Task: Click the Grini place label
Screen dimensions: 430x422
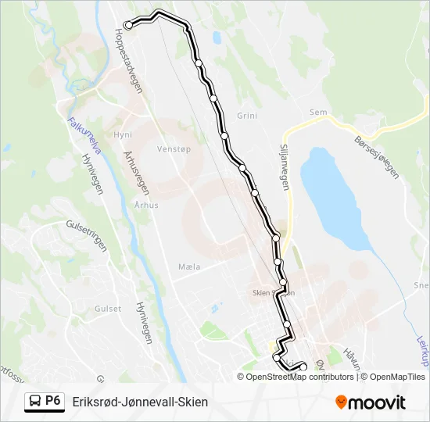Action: coord(247,116)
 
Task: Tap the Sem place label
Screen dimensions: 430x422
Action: coord(318,113)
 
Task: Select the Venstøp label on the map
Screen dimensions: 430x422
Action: coord(174,148)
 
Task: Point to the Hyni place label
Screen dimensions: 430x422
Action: coord(123,134)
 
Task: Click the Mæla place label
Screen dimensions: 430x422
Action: coord(189,266)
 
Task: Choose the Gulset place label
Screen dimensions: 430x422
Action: coord(108,309)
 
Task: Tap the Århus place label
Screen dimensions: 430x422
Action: coord(146,205)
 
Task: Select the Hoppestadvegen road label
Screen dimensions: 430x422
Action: coord(129,62)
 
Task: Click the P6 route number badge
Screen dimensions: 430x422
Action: coord(53,402)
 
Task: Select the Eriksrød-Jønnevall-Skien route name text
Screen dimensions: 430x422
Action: coord(140,402)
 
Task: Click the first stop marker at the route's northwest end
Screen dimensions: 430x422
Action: coord(128,26)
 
